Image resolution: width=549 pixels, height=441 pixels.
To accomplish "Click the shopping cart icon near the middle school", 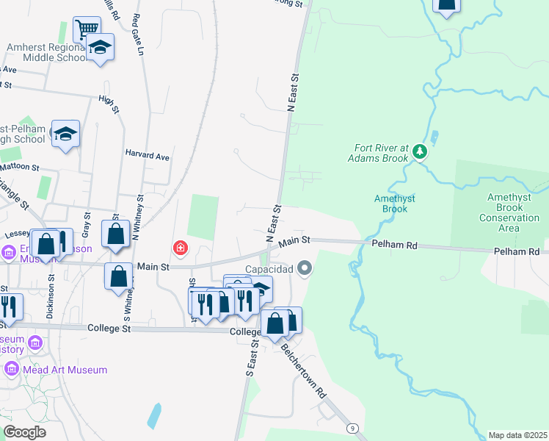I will click(x=87, y=29).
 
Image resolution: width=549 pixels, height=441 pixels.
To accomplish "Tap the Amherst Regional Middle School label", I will click(x=46, y=52).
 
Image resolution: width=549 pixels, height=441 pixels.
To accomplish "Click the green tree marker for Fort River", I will click(x=419, y=151).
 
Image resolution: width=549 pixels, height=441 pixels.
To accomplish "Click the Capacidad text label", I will click(x=269, y=269).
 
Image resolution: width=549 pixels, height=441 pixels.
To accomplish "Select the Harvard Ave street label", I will click(x=147, y=157).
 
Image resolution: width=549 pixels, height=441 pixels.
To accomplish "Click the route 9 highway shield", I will click(x=354, y=428).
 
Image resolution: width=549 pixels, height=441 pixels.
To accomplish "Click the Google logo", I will click(x=24, y=431).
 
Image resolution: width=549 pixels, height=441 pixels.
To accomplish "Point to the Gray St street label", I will click(x=87, y=224).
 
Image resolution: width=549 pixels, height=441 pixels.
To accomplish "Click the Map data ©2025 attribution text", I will click(x=517, y=435).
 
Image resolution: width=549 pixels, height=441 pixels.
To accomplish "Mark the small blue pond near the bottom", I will click(x=154, y=416).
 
